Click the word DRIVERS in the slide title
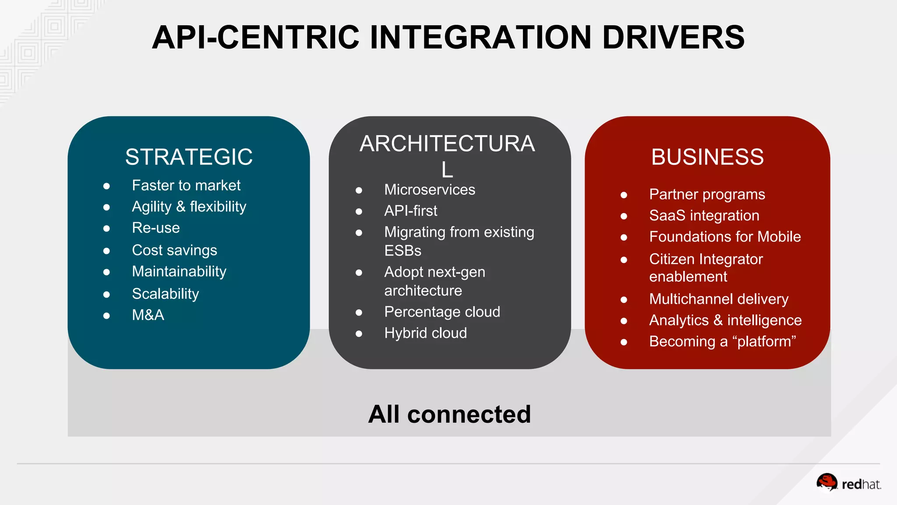click(673, 37)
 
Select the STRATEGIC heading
click(189, 157)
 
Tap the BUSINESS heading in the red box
click(707, 157)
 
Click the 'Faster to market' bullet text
click(186, 185)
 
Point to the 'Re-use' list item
click(156, 228)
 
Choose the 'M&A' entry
click(148, 315)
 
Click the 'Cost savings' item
click(174, 250)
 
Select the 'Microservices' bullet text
click(430, 190)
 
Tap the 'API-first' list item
click(410, 211)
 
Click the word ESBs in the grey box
click(403, 251)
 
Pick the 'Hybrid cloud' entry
click(425, 333)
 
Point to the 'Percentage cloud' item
click(442, 312)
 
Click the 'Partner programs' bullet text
click(707, 195)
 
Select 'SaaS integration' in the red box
click(704, 216)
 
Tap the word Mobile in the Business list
click(779, 237)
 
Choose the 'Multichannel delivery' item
click(719, 299)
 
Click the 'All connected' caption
click(449, 414)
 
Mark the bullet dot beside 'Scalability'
click(106, 295)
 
